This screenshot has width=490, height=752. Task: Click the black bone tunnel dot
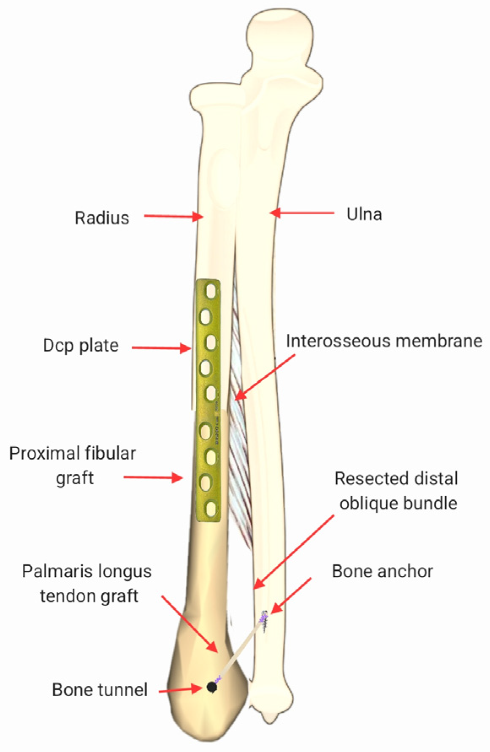[x=212, y=687]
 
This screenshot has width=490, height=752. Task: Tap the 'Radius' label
[x=102, y=218]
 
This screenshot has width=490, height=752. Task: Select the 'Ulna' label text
[x=364, y=214]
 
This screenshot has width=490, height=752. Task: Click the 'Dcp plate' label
[x=81, y=345]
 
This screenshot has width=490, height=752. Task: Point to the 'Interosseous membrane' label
[x=384, y=341]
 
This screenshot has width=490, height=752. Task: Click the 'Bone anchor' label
[x=382, y=571]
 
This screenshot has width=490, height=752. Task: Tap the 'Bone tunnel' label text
[x=100, y=690]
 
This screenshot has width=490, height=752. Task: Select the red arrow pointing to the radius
[x=173, y=216]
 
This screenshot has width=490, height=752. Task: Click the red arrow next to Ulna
[x=302, y=213]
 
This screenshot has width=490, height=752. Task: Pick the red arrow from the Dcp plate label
[x=161, y=348]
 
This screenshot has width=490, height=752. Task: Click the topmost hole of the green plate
[x=211, y=291]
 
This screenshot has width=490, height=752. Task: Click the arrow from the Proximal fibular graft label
[x=153, y=478]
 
